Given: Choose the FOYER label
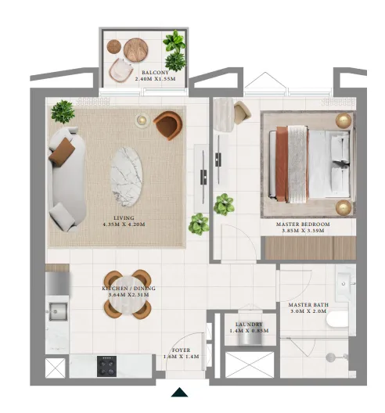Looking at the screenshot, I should point(182,350).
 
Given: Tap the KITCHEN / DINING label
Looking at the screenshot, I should point(128,289).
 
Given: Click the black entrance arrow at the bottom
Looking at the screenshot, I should point(179,393).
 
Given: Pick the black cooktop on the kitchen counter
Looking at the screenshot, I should point(107,365).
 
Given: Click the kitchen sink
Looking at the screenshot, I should point(58,314).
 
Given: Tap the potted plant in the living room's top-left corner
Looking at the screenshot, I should point(62,111).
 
